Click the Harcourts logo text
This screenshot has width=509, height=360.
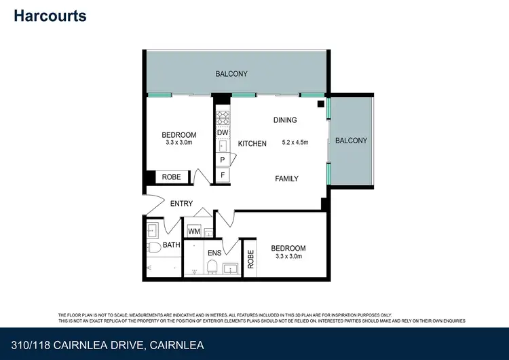pyautogui.click(x=50, y=16)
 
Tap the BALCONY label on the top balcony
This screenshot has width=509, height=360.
pyautogui.click(x=231, y=74)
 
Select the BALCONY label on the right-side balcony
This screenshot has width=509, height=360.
pyautogui.click(x=351, y=141)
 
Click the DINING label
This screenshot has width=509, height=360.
pyautogui.click(x=285, y=120)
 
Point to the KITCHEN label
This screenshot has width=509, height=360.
pyautogui.click(x=252, y=143)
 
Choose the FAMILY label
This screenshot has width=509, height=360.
pyautogui.click(x=286, y=179)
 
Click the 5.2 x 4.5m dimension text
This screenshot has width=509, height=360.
pyautogui.click(x=294, y=143)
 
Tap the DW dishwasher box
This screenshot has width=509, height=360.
pyautogui.click(x=222, y=133)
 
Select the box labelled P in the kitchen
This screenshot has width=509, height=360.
pyautogui.click(x=222, y=160)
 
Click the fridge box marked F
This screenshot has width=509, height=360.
pyautogui.click(x=222, y=176)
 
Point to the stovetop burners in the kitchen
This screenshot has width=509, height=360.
pyautogui.click(x=222, y=117)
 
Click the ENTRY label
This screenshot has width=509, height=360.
pyautogui.click(x=181, y=203)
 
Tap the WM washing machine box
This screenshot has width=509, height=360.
pyautogui.click(x=193, y=232)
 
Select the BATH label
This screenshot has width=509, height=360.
pyautogui.click(x=171, y=245)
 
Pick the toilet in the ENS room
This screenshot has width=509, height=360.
pyautogui.click(x=212, y=266)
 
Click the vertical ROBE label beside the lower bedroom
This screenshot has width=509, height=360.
pyautogui.click(x=250, y=258)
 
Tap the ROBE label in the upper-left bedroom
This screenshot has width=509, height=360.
pyautogui.click(x=171, y=177)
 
